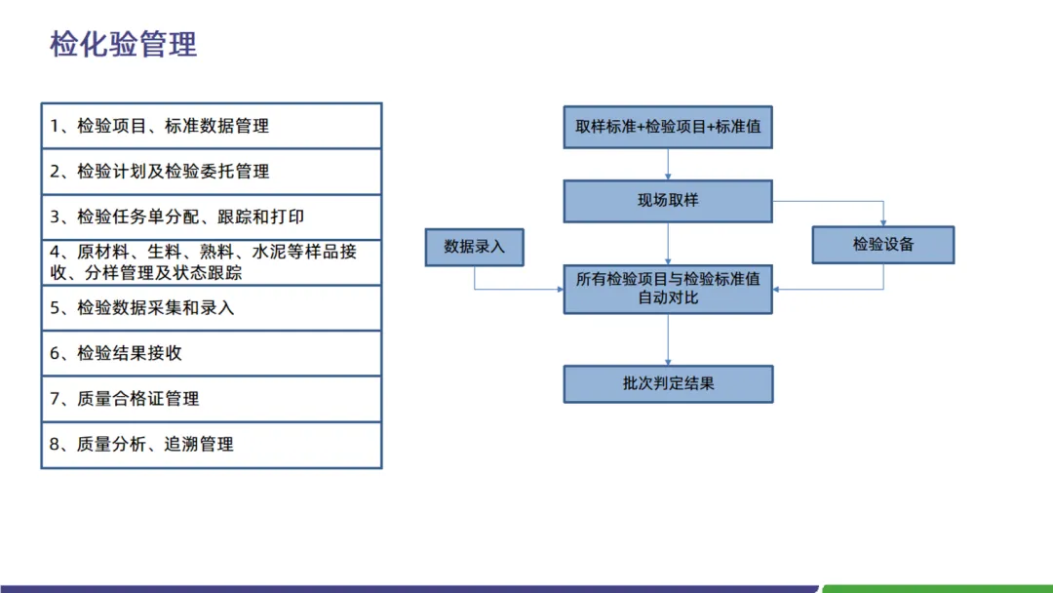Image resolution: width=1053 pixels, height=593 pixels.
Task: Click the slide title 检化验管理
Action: pos(124,44)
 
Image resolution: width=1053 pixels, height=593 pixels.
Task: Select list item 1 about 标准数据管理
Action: pos(211,126)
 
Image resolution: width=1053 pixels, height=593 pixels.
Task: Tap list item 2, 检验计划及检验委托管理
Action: pos(211,172)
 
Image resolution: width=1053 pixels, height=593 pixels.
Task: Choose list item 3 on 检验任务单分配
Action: pos(211,217)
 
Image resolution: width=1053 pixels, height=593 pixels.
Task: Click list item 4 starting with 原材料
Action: pos(211,262)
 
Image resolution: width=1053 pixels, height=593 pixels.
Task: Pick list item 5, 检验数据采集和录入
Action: pos(211,308)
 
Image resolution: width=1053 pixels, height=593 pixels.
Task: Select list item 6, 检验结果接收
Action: pos(211,353)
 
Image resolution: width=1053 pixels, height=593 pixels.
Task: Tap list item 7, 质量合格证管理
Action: pos(211,399)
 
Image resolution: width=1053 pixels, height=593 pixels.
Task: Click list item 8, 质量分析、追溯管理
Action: pos(211,445)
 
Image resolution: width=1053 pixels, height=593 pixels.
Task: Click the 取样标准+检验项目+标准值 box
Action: pos(668,127)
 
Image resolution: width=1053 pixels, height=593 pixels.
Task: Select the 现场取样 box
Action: pos(668,201)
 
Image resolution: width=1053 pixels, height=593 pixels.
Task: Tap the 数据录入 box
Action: pos(475,247)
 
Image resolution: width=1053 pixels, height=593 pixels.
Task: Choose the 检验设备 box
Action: pos(883,245)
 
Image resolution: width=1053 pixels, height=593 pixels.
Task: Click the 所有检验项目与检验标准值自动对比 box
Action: pos(668,289)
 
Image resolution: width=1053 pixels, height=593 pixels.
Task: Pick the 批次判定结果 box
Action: pos(668,384)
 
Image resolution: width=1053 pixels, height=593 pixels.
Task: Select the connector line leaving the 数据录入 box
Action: pos(475,278)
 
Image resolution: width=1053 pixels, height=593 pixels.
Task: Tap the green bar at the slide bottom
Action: pos(936,588)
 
